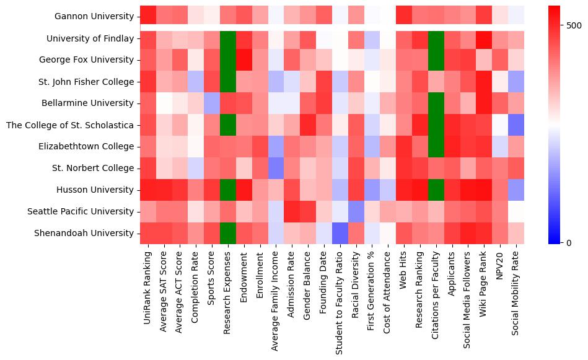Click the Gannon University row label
[94, 17]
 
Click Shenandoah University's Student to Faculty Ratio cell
[341, 233]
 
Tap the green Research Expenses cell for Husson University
[228, 190]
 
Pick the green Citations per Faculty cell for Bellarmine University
[437, 103]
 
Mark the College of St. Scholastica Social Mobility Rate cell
[518, 125]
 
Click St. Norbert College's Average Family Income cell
[276, 168]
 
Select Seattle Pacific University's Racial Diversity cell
[357, 211]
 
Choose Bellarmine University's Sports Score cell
[212, 103]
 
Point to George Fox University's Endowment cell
[244, 59]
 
